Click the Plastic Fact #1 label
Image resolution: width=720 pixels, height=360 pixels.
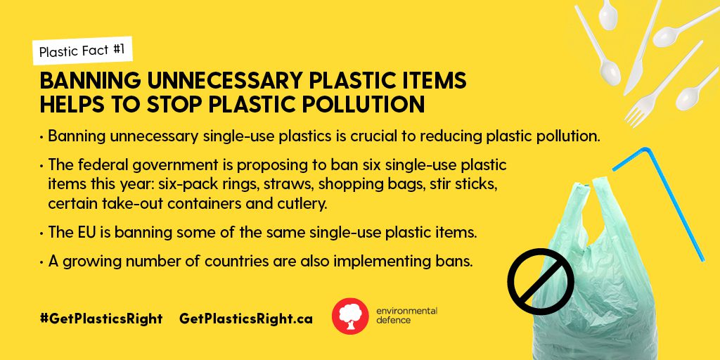tap(82, 51)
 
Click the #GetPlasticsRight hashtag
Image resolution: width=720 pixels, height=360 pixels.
tap(101, 319)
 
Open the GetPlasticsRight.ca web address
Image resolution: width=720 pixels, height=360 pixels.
tap(246, 319)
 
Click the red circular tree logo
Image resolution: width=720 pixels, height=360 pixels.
tap(350, 316)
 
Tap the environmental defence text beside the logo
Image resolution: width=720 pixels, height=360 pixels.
tap(406, 316)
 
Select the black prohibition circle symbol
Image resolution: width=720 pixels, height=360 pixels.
tap(541, 281)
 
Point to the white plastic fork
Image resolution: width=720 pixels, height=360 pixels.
tap(662, 84)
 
